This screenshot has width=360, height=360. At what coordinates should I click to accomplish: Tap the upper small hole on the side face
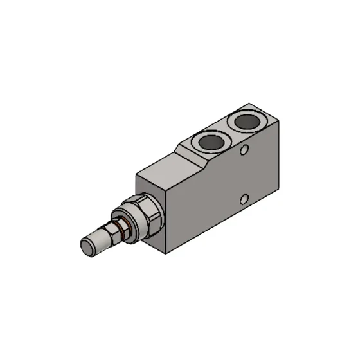(244, 151)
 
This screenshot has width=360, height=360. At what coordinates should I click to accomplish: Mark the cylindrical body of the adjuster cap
(100, 240)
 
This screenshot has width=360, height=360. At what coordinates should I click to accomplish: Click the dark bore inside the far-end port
(248, 122)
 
